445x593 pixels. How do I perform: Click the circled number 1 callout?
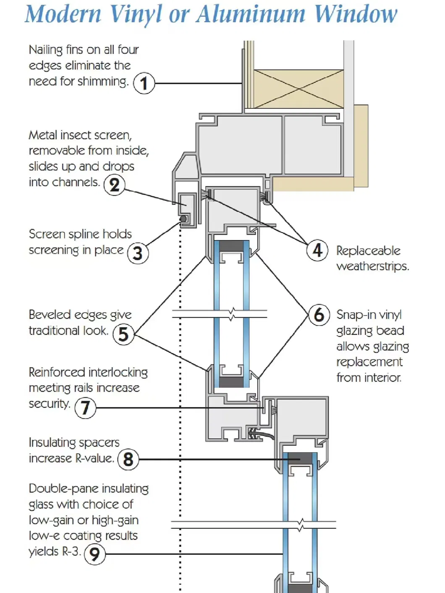(x=144, y=83)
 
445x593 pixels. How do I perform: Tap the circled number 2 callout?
(x=114, y=185)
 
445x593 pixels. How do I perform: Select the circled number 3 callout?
(x=138, y=253)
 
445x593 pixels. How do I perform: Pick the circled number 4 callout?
(x=317, y=250)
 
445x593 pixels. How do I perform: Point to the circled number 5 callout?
(x=123, y=334)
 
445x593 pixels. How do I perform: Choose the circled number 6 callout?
(x=319, y=315)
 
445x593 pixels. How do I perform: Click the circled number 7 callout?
(x=85, y=407)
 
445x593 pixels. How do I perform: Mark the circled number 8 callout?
(x=128, y=459)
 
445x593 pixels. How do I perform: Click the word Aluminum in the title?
(x=251, y=14)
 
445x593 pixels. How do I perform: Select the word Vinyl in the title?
(x=135, y=15)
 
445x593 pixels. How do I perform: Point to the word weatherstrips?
(x=372, y=266)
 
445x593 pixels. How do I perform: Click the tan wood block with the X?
(x=298, y=89)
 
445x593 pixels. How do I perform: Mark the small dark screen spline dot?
(x=183, y=219)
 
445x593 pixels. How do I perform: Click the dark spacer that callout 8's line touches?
(x=300, y=458)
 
